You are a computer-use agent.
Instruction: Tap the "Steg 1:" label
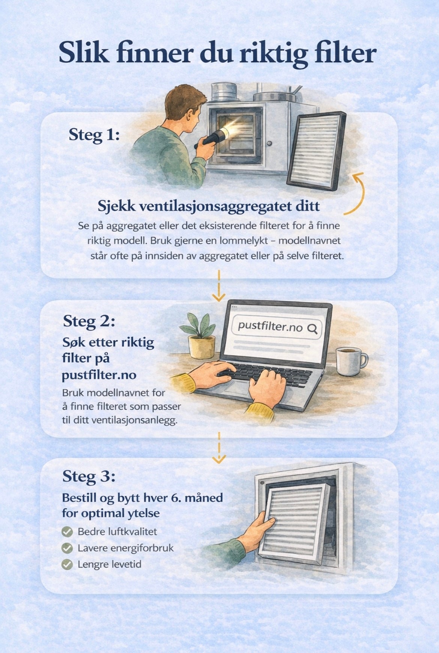pyautogui.click(x=94, y=135)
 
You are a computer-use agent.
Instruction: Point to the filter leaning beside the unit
pyautogui.click(x=316, y=150)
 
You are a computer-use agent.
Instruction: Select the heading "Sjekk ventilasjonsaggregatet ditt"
pyautogui.click(x=209, y=206)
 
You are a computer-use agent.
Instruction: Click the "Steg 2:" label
pyautogui.click(x=89, y=321)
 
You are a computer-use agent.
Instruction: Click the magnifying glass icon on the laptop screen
pyautogui.click(x=312, y=329)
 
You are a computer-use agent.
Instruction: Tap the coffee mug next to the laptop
pyautogui.click(x=350, y=361)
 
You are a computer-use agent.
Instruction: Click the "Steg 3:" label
pyautogui.click(x=89, y=476)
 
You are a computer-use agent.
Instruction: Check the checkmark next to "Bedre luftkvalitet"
pyautogui.click(x=67, y=531)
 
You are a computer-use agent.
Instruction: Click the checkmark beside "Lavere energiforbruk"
pyautogui.click(x=67, y=548)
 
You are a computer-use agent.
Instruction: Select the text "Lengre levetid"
pyautogui.click(x=109, y=564)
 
